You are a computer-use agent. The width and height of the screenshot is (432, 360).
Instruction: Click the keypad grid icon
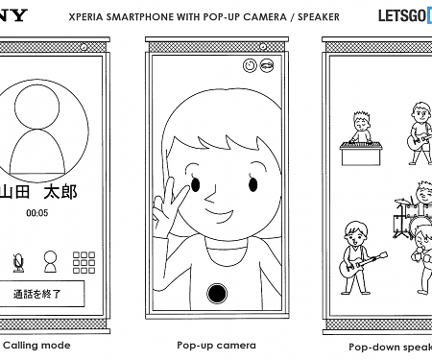tap(85, 261)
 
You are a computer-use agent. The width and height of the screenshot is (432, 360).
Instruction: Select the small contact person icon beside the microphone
tap(50, 260)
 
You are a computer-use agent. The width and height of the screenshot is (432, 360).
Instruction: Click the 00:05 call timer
tap(37, 213)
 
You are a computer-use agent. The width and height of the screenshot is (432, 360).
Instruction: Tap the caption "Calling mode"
tap(36, 344)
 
